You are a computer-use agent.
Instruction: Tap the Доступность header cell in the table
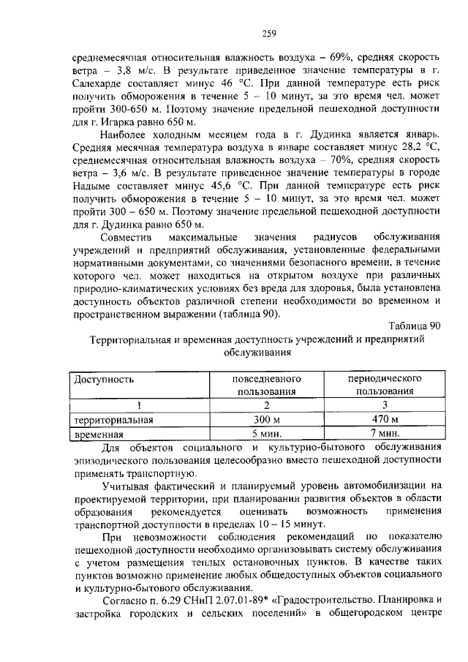102,380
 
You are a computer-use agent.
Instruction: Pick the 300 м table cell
267,419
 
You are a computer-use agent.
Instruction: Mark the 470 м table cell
385,419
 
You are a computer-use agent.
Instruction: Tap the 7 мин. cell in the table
385,433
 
